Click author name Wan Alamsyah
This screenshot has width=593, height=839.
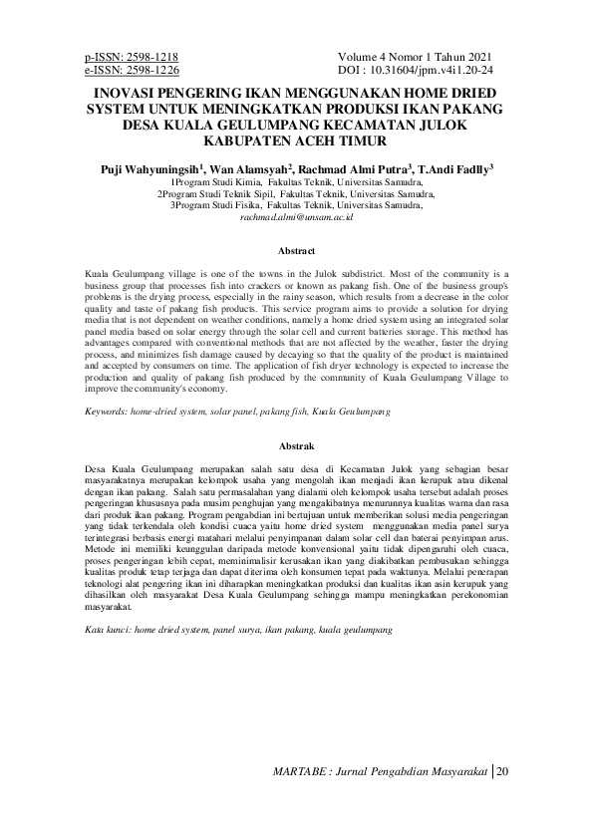click(x=249, y=169)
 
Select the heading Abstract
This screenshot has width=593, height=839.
click(x=296, y=251)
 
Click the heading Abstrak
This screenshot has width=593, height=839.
click(x=296, y=446)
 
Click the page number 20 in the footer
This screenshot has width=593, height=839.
click(x=501, y=772)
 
